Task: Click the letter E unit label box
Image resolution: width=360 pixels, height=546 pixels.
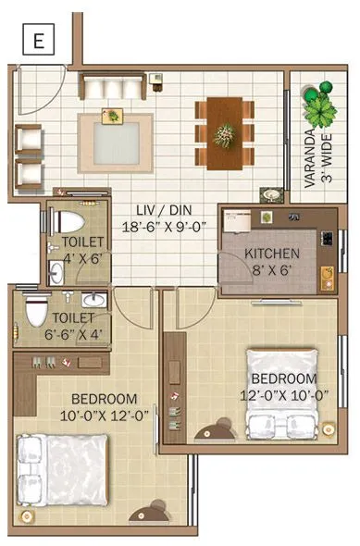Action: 37,41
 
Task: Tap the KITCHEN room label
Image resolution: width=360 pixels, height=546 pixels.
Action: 271,252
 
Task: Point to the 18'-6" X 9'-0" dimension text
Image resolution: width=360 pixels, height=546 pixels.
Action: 163,225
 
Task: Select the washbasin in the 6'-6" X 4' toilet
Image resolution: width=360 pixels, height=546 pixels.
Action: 93,301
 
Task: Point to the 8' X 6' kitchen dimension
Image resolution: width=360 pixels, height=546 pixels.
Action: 271,270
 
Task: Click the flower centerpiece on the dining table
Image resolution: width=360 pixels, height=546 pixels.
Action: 224,134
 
